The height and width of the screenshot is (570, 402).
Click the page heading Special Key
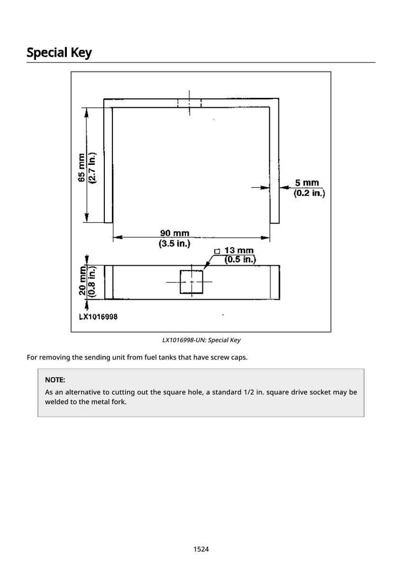[59, 53]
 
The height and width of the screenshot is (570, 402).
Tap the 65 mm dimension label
[82, 167]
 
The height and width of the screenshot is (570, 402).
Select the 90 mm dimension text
[175, 233]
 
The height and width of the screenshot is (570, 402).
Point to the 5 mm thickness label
[307, 183]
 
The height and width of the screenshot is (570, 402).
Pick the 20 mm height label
[83, 280]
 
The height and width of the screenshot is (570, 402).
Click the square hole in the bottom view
[191, 282]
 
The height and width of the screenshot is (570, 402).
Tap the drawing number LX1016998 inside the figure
[98, 316]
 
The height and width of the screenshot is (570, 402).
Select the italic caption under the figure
[201, 340]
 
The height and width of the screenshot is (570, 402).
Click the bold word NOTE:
[55, 380]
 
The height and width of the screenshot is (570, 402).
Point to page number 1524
[201, 549]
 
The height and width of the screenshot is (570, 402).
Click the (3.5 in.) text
[175, 243]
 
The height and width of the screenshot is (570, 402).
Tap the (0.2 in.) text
[309, 193]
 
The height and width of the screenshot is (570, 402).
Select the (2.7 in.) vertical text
[92, 167]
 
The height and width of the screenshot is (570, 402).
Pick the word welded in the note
[56, 402]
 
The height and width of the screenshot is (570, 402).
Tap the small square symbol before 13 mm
[217, 251]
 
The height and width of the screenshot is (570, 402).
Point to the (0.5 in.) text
[240, 259]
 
